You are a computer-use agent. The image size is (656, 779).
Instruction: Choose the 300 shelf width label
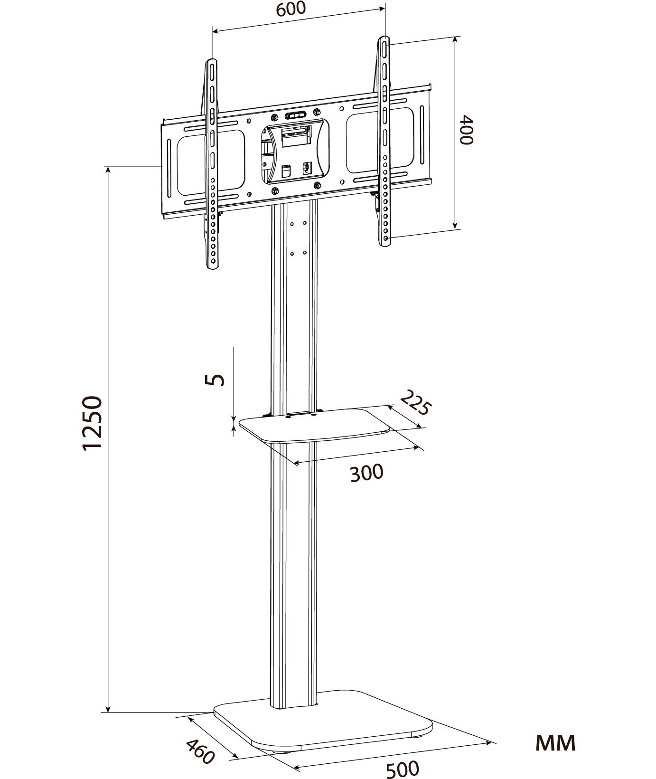pyautogui.click(x=366, y=473)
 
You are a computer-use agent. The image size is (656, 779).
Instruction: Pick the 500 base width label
pyautogui.click(x=402, y=769)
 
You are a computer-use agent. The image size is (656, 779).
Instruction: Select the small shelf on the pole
pyautogui.click(x=314, y=426)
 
